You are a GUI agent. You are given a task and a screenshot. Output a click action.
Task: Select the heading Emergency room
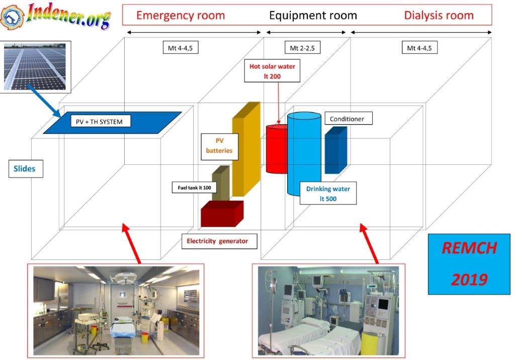coord(181,15)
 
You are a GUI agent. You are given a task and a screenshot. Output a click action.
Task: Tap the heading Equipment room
coord(313,15)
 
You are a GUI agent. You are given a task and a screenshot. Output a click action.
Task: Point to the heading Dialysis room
coord(439,15)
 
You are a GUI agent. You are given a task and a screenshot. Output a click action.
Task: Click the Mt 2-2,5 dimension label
coord(302,48)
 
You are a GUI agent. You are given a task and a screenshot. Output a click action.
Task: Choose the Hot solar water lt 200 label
coord(272,71)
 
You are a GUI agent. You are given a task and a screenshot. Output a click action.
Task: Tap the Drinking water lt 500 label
coord(328,194)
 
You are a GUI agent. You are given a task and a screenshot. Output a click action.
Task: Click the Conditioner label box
coord(349,119)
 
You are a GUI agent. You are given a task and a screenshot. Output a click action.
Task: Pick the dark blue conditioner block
coord(335,150)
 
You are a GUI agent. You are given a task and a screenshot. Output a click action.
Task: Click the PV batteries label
coord(219,145)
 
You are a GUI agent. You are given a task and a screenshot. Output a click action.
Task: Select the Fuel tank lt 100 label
coord(195,188)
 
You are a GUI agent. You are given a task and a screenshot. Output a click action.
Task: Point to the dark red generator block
coord(222,214)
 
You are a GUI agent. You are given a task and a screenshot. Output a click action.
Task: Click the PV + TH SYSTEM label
coord(101,121)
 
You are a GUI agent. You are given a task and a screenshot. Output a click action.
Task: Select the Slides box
coord(26,168)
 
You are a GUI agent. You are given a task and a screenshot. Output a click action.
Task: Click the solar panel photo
coord(35,67)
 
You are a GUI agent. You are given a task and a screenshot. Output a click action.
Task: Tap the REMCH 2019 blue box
coord(469,264)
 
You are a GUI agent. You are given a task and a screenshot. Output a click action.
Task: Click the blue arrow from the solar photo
coord(44,100)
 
